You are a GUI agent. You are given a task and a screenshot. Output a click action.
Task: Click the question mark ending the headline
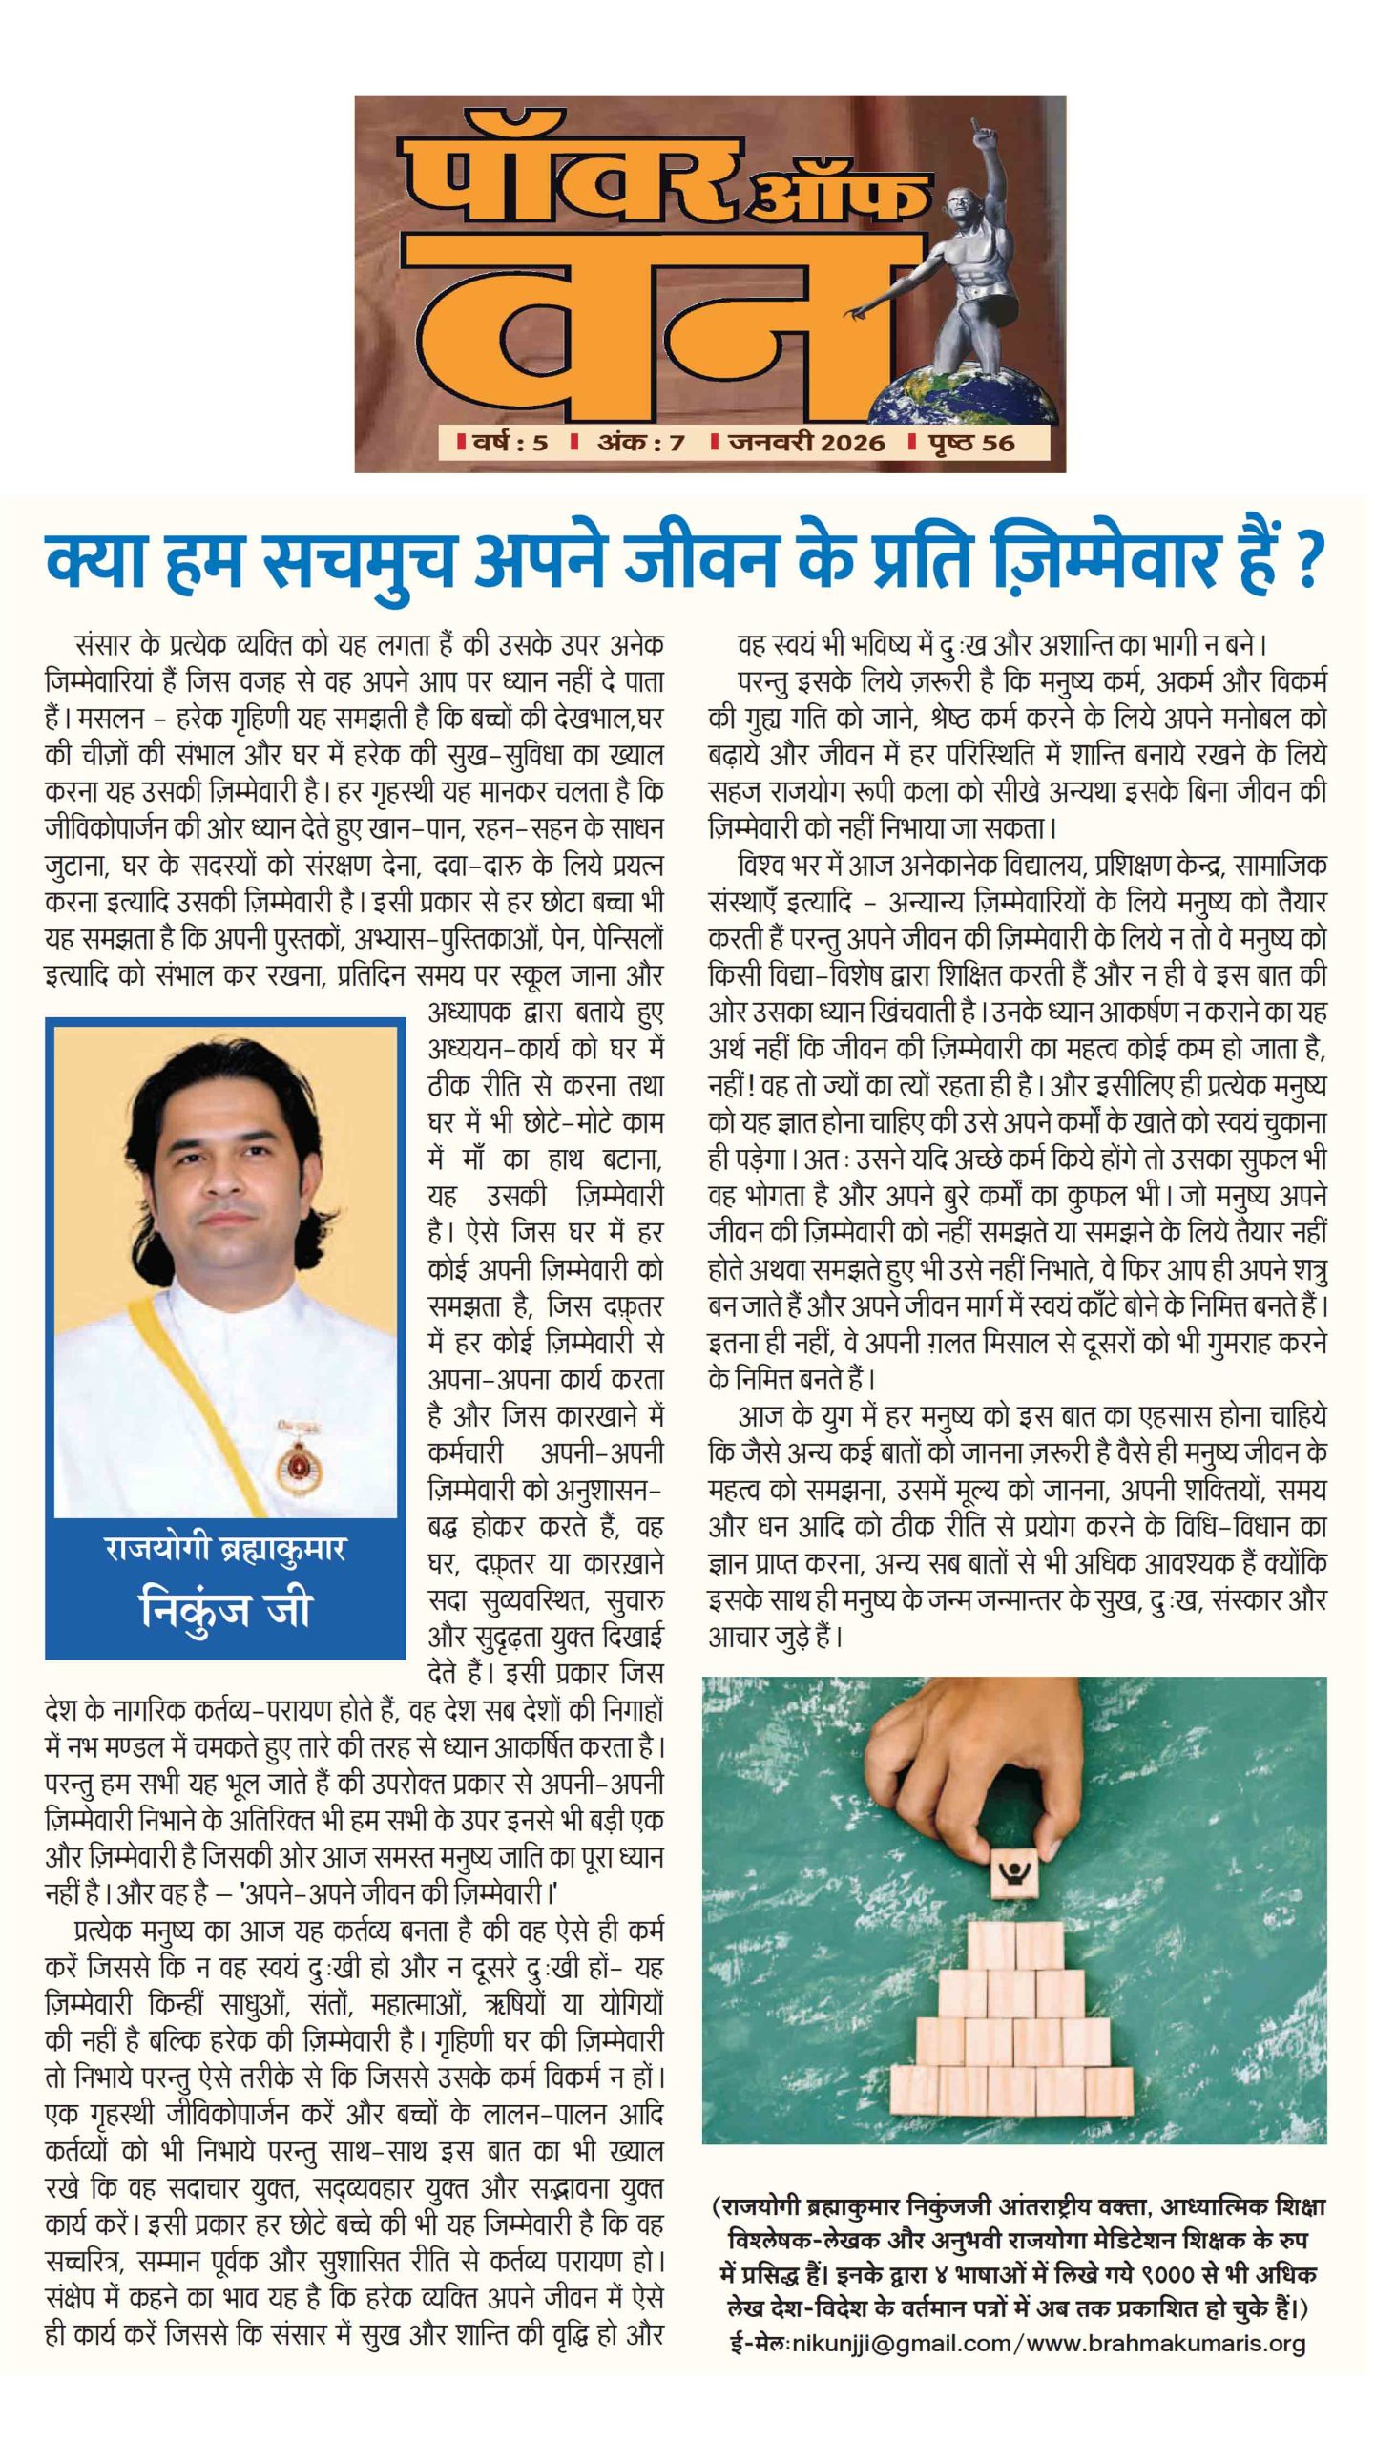(1308, 562)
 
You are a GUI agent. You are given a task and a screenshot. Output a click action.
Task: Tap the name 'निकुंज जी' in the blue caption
(225, 1609)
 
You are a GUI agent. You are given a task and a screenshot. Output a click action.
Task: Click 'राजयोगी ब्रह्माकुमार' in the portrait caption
(225, 1550)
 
